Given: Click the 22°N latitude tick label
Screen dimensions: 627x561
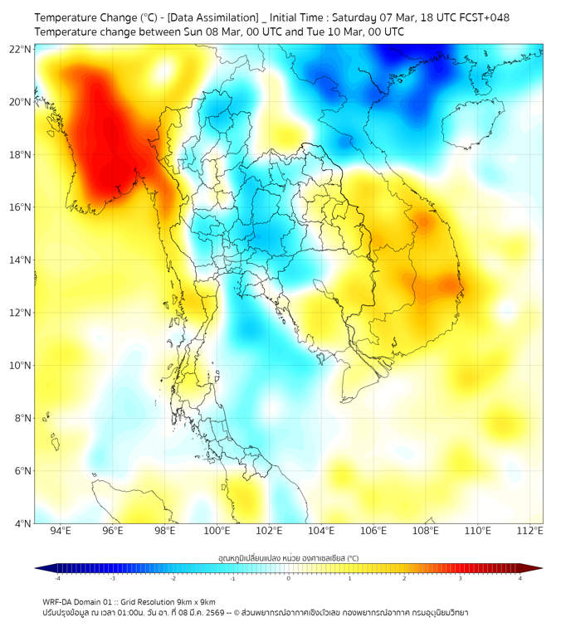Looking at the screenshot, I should pos(21,49).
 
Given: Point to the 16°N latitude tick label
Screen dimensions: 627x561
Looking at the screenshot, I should pos(21,207).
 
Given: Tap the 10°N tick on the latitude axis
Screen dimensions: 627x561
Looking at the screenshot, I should pos(21,366).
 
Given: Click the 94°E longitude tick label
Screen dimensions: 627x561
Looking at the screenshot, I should pos(61,531).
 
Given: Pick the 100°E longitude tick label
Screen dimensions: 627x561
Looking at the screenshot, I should pos(217,531).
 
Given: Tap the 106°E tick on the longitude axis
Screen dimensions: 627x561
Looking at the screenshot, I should pos(373,531).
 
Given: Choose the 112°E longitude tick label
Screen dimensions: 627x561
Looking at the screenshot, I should pos(529,531).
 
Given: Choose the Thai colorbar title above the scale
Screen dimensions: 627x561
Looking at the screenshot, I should pos(288,558).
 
